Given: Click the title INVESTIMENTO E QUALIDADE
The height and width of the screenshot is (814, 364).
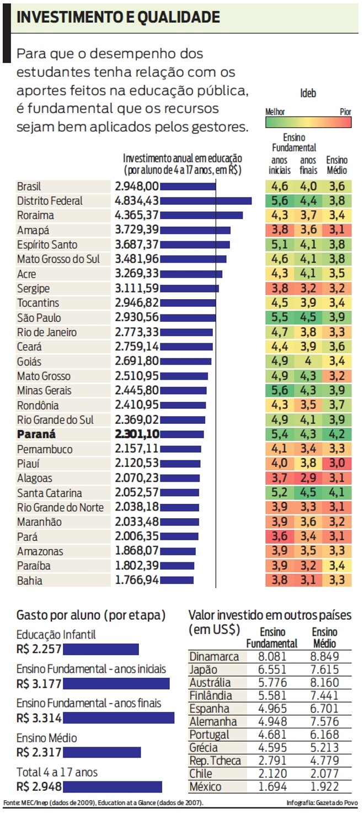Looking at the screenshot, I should point(119,17).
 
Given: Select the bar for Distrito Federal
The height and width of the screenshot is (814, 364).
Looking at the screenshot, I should point(206,201).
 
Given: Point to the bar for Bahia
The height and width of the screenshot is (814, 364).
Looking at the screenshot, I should point(176,580).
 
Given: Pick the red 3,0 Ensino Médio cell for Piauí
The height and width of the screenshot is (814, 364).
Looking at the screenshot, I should point(337,464).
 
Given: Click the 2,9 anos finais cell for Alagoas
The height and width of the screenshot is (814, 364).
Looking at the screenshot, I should point(308,478).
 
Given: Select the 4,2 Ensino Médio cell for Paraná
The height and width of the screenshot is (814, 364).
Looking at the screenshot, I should point(337,434).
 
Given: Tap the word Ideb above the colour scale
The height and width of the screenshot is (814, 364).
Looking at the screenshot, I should point(308,93).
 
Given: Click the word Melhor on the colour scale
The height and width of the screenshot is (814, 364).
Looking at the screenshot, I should point(275,111).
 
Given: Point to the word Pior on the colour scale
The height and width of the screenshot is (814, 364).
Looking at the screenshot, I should point(345,111).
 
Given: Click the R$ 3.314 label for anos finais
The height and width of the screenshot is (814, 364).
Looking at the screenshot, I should point(39,718).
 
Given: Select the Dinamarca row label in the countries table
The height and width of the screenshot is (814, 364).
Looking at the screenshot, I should point(214,657).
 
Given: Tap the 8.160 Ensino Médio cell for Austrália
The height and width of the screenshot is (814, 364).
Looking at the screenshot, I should point(324,683).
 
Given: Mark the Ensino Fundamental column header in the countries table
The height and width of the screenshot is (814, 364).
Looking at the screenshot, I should point(272,637).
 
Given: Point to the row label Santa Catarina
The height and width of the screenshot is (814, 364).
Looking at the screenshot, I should point(50,493).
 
